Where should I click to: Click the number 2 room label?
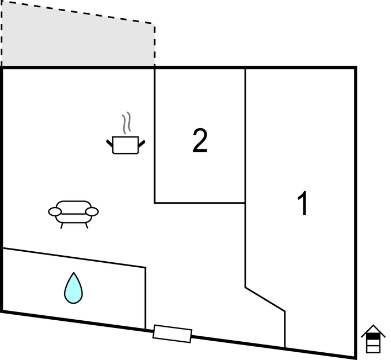pyautogui.click(x=200, y=140)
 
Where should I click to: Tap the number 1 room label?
pyautogui.click(x=303, y=203)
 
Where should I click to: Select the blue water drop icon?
pyautogui.click(x=73, y=288)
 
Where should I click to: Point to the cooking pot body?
pyautogui.click(x=125, y=145)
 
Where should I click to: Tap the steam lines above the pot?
pyautogui.click(x=126, y=123)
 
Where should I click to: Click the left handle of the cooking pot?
pyautogui.click(x=109, y=144)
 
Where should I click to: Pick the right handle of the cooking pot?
pyautogui.click(x=141, y=144)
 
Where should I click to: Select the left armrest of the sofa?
pyautogui.click(x=55, y=211)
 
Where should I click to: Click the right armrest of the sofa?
pyautogui.click(x=92, y=211)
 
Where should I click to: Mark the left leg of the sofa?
pyautogui.click(x=62, y=226)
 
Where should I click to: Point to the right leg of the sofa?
pyautogui.click(x=87, y=226)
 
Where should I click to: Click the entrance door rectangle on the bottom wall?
pyautogui.click(x=172, y=333)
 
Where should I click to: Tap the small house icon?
pyautogui.click(x=373, y=338)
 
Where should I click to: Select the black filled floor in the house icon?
pyautogui.click(x=373, y=336)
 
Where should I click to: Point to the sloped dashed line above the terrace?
pyautogui.click(x=78, y=13)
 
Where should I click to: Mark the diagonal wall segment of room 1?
pyautogui.click(x=265, y=299)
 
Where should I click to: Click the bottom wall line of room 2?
pyautogui.click(x=200, y=203)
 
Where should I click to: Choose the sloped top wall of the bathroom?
pyautogui.click(x=74, y=258)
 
